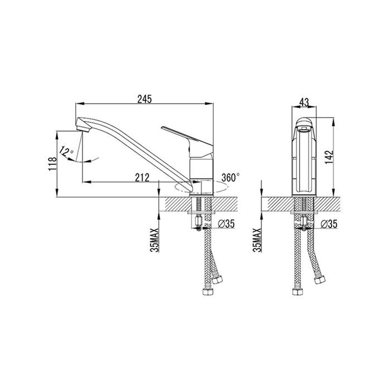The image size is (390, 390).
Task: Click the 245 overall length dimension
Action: [144, 99]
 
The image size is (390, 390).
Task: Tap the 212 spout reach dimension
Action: [142, 178]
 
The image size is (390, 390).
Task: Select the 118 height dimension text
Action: [53, 164]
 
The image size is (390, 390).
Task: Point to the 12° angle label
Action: [66, 152]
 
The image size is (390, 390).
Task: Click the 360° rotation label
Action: [231, 178]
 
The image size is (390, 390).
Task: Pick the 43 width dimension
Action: [304, 102]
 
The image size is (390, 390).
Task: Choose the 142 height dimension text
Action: [329, 157]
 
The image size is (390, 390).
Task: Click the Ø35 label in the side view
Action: [226, 224]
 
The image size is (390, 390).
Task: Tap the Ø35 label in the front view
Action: [329, 224]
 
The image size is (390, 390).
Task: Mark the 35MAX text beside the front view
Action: [257, 240]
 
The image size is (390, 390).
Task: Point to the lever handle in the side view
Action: [187, 138]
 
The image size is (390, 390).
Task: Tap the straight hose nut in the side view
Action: [208, 292]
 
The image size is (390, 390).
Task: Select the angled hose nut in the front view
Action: [320, 280]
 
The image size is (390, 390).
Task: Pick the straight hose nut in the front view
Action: [298, 292]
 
